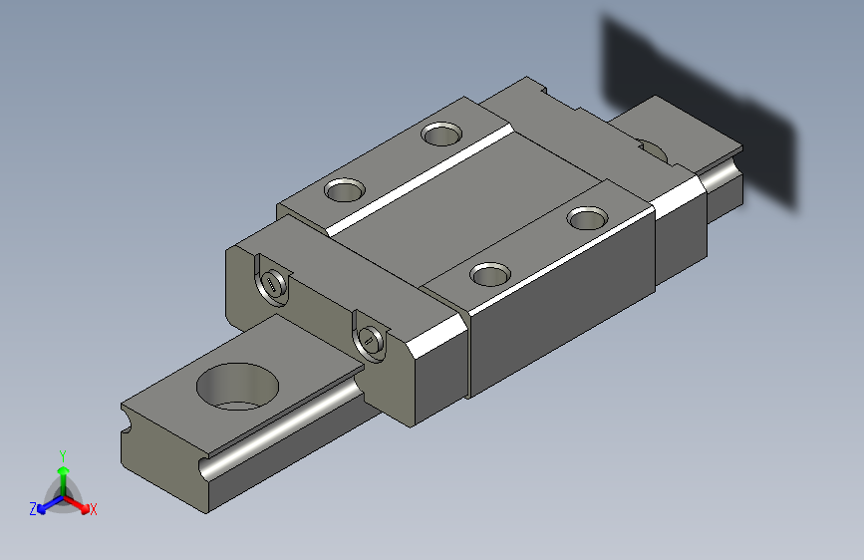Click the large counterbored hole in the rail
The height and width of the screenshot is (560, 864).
[x=237, y=386]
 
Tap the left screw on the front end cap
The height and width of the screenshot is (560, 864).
[x=272, y=286]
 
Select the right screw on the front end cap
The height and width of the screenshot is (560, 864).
[x=369, y=341]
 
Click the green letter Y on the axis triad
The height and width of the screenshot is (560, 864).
[x=63, y=456]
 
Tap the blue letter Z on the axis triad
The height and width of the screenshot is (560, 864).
[x=33, y=509]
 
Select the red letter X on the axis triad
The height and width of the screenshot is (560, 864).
[x=93, y=509]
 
